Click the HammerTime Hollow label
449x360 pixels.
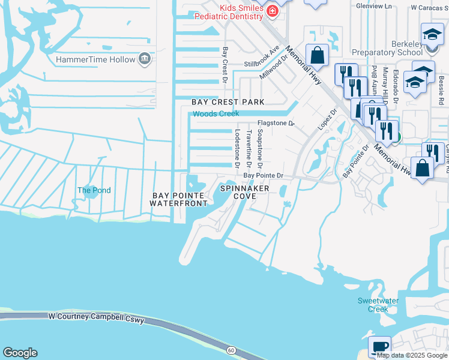point(95,60)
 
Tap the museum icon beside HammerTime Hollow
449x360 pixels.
point(144,59)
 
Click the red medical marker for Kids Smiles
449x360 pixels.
point(272,11)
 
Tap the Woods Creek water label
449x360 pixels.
point(215,113)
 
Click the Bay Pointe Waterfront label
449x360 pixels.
point(179,199)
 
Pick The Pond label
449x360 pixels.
point(94,190)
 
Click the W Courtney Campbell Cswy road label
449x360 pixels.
point(96,318)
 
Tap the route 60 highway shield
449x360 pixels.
point(231,350)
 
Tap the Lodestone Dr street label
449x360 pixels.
point(238,148)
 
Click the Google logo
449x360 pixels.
point(20,353)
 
